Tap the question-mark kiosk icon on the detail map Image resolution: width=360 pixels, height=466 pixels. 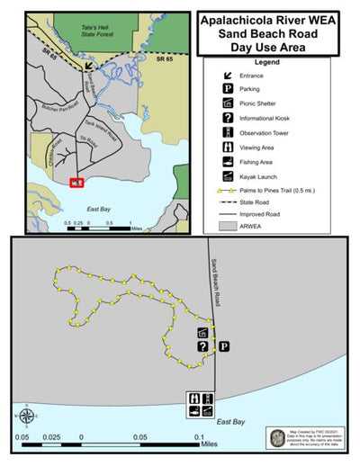tap(203, 346)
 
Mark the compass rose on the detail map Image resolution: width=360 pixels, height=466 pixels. tap(26, 416)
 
